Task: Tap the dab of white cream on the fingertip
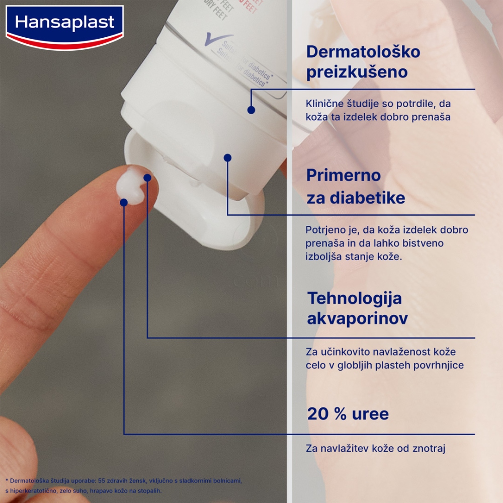(x=130, y=185)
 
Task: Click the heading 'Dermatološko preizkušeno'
(x=356, y=62)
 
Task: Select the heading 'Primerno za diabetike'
(x=356, y=186)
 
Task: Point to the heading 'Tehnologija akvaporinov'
(x=357, y=308)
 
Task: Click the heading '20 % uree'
(x=348, y=414)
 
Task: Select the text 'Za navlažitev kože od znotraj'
(x=375, y=448)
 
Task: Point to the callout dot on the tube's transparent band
(x=251, y=109)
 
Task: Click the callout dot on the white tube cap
(x=227, y=157)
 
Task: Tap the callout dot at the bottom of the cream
(x=124, y=202)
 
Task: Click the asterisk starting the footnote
(x=7, y=480)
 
